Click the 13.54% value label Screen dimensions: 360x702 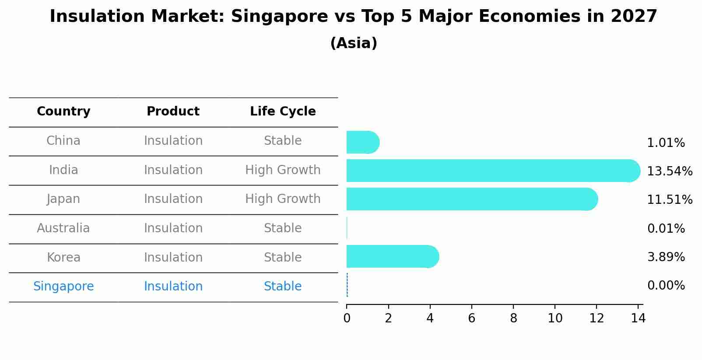(669, 171)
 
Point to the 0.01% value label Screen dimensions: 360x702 (666, 228)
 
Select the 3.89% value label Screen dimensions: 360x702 (666, 257)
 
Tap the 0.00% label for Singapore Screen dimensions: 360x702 (666, 286)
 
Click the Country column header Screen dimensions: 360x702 (63, 112)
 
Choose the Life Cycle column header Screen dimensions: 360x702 (283, 112)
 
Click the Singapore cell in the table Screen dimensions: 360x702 (63, 287)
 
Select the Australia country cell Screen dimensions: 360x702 (63, 228)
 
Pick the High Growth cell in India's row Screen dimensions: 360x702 (283, 170)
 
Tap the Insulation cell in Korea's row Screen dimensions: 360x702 (173, 257)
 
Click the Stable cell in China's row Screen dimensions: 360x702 (283, 141)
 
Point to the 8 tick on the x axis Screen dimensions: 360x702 (513, 318)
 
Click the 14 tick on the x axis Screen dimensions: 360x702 (638, 318)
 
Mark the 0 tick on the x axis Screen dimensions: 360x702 (347, 318)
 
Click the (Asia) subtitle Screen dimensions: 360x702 (354, 43)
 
